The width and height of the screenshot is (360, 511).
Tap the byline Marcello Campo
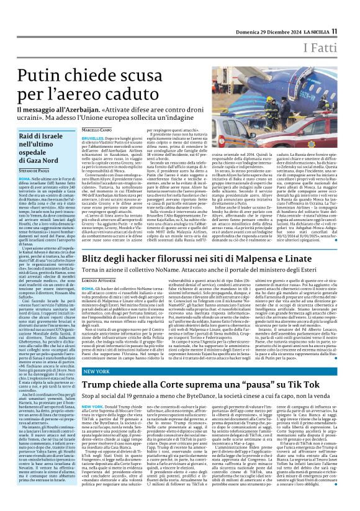[97, 129]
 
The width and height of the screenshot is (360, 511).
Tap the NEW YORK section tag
[97, 387]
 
